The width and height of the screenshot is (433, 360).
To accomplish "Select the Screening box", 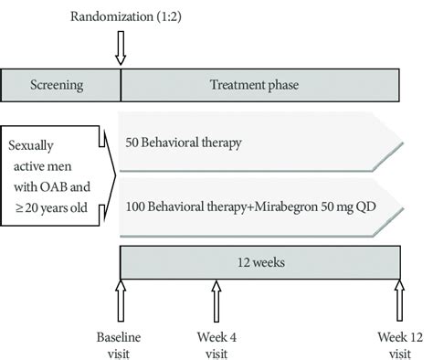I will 61,86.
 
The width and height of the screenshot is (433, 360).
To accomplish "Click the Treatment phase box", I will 259,86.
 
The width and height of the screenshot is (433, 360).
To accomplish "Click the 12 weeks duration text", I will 259,262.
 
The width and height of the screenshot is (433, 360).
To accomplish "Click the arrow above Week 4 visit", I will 216,300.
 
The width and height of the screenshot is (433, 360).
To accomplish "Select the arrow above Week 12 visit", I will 399,300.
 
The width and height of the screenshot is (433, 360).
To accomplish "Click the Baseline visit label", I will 121,344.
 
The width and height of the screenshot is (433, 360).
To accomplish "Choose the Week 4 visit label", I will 216,344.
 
